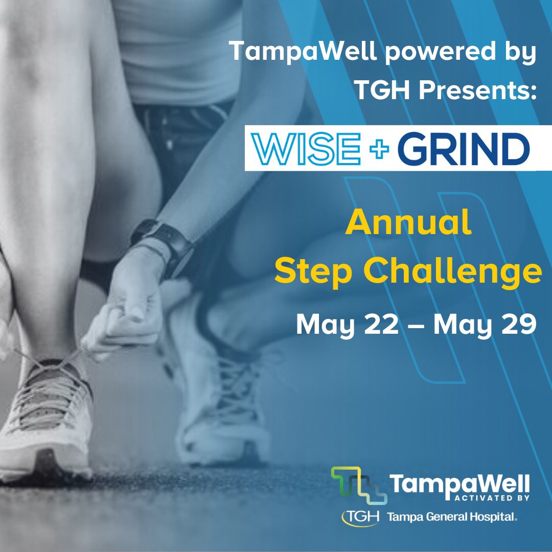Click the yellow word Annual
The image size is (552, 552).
[408, 225]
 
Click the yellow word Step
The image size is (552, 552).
[308, 273]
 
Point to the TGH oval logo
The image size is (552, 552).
[361, 517]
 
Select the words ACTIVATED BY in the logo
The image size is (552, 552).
[490, 496]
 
